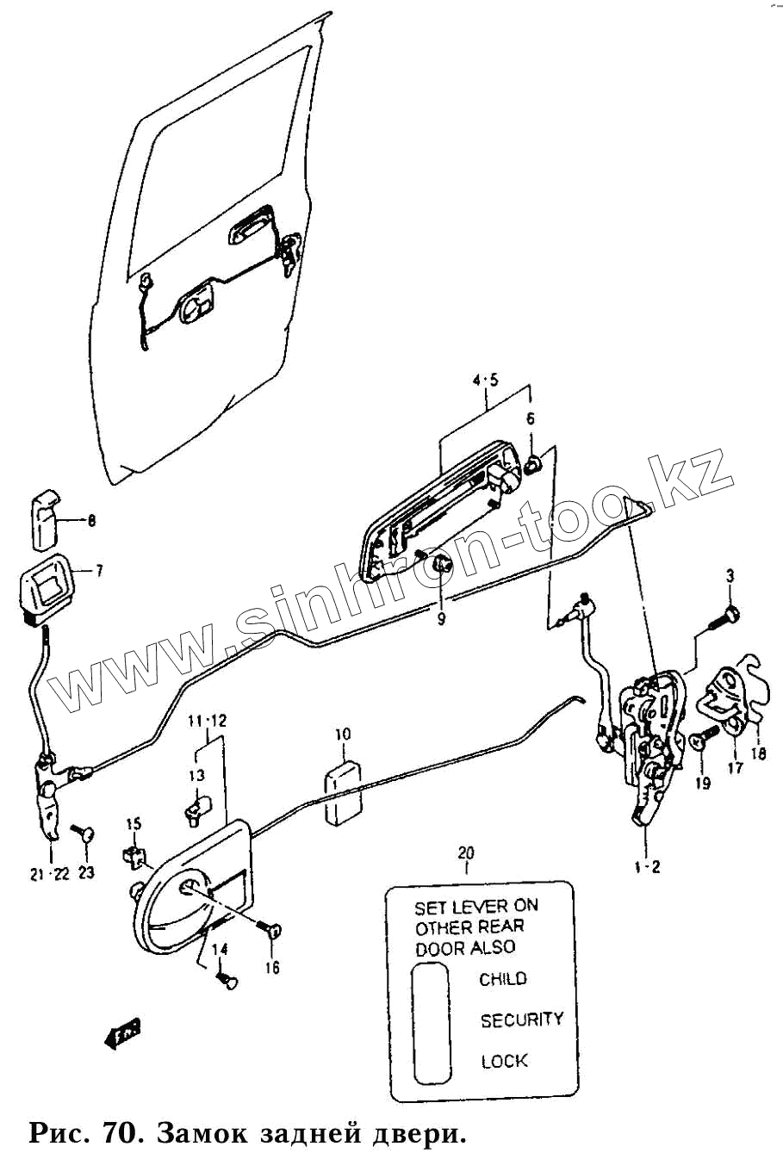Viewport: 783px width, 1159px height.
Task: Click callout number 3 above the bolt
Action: tap(730, 576)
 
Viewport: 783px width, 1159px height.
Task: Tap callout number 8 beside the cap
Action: tap(91, 521)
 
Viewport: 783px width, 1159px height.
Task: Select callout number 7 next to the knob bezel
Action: tap(98, 570)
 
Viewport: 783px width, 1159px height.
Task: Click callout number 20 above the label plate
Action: tap(466, 853)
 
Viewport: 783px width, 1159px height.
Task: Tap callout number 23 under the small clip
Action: tap(86, 872)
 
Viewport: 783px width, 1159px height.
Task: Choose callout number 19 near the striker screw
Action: tap(703, 783)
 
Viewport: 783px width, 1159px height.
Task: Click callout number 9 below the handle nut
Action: tap(441, 619)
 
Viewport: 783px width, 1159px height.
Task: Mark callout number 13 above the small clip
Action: tap(197, 775)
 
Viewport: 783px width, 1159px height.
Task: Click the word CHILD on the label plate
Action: tap(503, 979)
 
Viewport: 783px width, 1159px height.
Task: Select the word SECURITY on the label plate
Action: tap(521, 1020)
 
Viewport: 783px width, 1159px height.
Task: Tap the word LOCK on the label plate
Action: tap(504, 1061)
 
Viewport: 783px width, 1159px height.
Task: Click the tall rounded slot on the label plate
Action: tap(432, 1023)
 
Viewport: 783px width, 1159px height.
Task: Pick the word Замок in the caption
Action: tap(203, 1133)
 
